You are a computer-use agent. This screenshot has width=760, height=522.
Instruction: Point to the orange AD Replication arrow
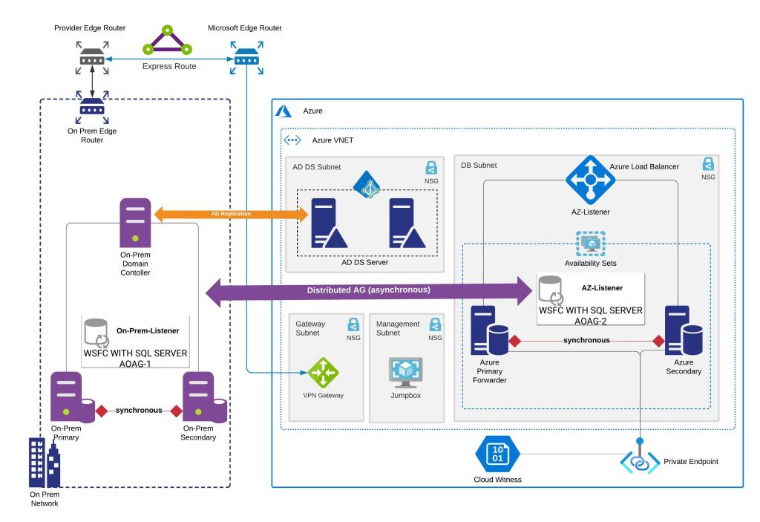[231, 214]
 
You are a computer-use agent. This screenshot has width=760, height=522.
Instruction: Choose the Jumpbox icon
[406, 371]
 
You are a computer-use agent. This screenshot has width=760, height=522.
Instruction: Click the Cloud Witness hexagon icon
[498, 455]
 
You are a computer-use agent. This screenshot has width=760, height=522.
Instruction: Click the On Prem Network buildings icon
[44, 463]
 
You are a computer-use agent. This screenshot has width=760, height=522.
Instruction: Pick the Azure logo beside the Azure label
[284, 111]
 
